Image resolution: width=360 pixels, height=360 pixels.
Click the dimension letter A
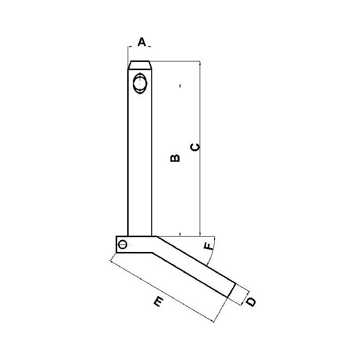click(142, 42)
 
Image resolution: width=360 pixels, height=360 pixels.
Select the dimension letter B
click(175, 158)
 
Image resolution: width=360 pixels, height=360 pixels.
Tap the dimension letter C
click(195, 147)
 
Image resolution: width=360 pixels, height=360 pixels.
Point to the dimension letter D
click(251, 302)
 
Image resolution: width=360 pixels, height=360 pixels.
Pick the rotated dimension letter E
click(158, 301)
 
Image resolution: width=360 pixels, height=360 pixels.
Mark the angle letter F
click(208, 247)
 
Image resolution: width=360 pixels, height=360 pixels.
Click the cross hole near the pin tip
click(140, 84)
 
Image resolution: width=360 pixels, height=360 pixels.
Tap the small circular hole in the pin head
click(123, 244)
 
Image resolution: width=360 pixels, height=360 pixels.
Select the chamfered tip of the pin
click(140, 65)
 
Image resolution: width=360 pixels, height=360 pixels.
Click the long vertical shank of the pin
click(140, 152)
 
